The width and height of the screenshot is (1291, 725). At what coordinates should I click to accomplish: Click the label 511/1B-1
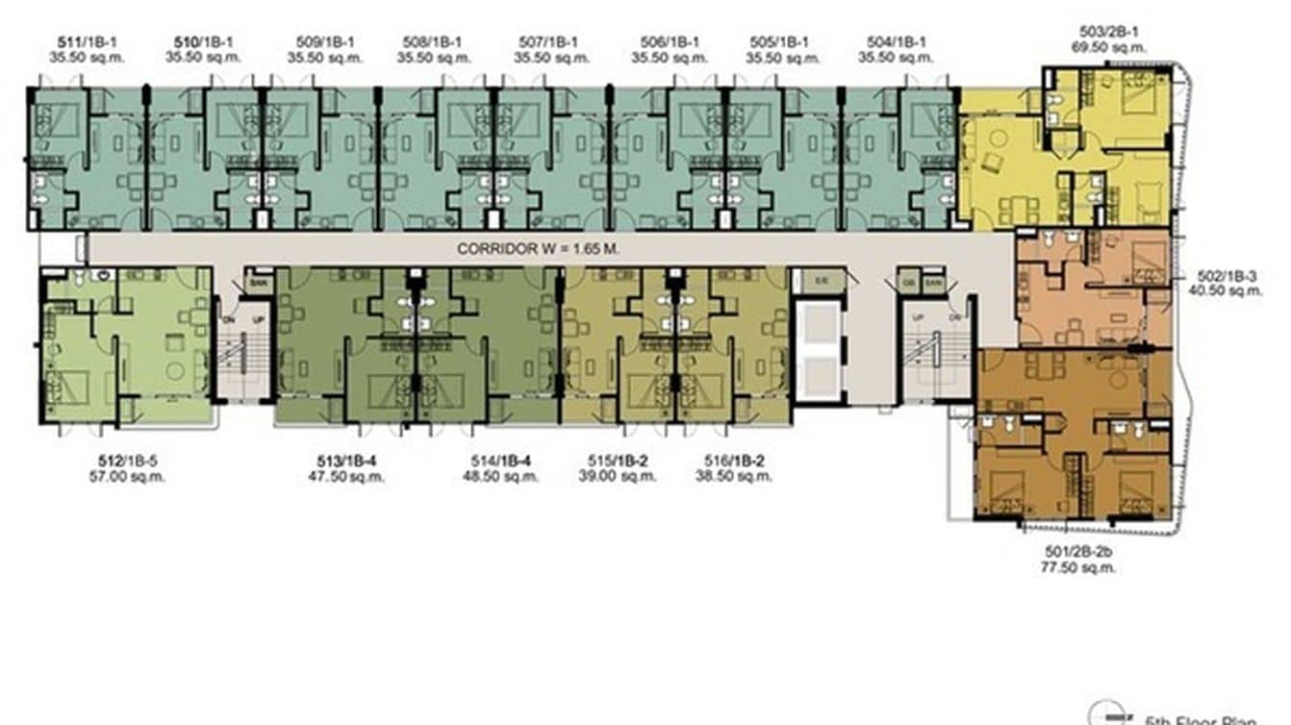(x=85, y=42)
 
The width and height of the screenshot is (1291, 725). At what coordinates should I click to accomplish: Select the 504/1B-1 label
(x=896, y=42)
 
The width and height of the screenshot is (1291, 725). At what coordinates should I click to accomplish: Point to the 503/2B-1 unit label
(x=1113, y=31)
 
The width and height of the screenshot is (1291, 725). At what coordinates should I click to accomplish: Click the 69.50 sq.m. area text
(x=1113, y=46)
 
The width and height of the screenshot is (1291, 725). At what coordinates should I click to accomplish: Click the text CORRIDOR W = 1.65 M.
(x=537, y=248)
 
